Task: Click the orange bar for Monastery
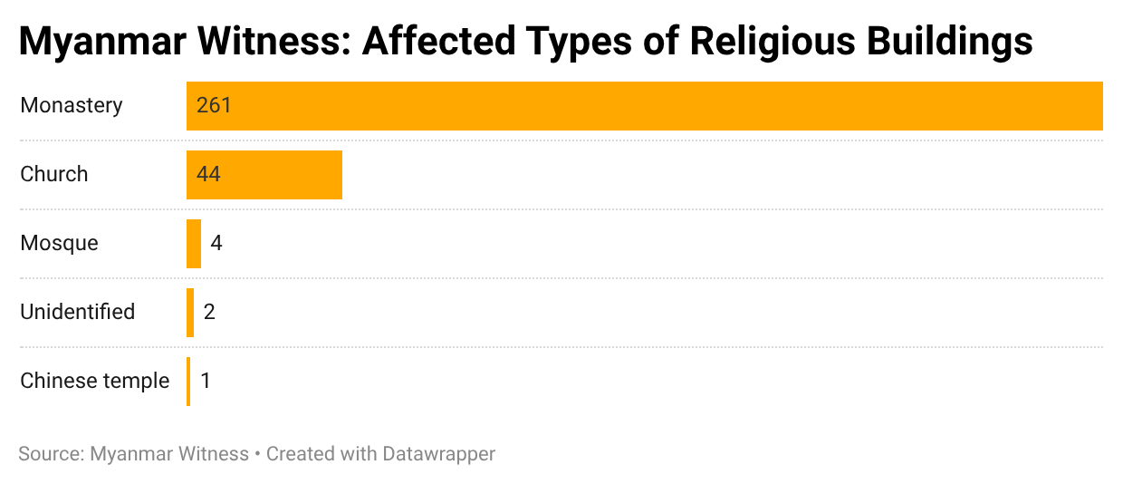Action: [643, 106]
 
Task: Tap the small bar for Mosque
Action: [194, 244]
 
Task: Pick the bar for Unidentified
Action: [190, 313]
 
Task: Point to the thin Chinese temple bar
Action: [188, 382]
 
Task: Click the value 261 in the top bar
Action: [215, 106]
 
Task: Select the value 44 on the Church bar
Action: [209, 175]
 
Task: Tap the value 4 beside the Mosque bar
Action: [216, 244]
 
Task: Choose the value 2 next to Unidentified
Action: [209, 313]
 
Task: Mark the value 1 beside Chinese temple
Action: [206, 382]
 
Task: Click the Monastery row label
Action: [72, 106]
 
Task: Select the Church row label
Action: [54, 175]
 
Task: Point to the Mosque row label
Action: [60, 244]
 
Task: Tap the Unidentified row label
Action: [78, 313]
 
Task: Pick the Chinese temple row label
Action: [95, 382]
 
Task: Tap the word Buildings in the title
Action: [951, 42]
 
